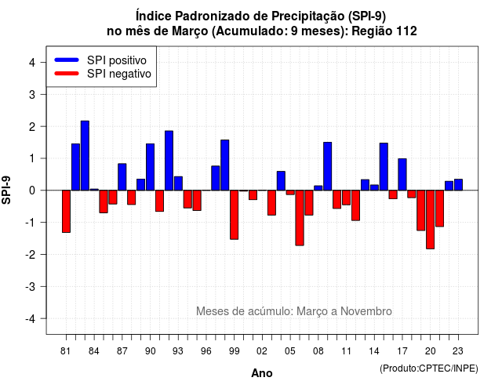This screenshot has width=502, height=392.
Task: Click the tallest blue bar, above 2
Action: tap(85, 155)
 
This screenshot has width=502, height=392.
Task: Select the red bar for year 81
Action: tap(66, 211)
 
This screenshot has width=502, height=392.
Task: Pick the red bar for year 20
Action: tap(431, 220)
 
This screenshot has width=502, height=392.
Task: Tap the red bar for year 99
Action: tap(234, 215)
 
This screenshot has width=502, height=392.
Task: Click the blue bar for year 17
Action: tap(402, 174)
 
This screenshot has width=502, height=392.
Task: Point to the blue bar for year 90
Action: tap(150, 167)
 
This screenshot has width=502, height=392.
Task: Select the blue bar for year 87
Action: tap(122, 177)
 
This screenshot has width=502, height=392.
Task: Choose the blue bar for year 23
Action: tap(458, 185)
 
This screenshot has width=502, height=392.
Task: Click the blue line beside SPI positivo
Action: tap(67, 60)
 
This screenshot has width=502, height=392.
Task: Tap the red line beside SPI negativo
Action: tap(67, 73)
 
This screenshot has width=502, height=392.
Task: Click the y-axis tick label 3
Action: tap(32, 94)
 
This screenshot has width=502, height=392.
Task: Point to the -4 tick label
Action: tap(31, 318)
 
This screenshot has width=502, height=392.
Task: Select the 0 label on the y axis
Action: tap(32, 191)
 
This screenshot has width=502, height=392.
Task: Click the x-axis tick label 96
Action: tap(206, 351)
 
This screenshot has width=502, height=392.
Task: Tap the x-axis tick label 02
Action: tap(262, 351)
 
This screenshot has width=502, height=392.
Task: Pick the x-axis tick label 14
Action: tap(373, 351)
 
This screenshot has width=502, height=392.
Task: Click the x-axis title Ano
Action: tap(262, 373)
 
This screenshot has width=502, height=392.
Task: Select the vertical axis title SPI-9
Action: tap(6, 190)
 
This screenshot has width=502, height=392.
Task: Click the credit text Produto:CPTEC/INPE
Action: tap(429, 368)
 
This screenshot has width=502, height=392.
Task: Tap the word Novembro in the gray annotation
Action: tap(366, 311)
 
